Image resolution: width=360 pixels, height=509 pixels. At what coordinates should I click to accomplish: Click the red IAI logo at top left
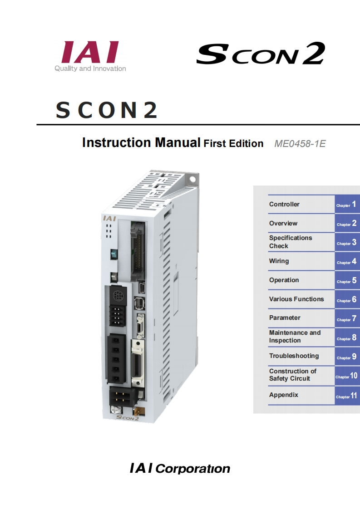click(90, 53)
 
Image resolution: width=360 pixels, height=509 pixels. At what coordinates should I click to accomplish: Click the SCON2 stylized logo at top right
click(260, 54)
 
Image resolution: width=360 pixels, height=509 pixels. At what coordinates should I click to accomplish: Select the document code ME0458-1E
click(300, 144)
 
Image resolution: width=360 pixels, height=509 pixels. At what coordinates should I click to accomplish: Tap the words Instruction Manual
click(141, 143)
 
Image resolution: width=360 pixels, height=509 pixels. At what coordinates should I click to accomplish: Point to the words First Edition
click(233, 144)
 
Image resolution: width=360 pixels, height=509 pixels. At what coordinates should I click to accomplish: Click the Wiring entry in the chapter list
click(279, 261)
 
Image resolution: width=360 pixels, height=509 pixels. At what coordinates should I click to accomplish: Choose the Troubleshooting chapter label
click(294, 356)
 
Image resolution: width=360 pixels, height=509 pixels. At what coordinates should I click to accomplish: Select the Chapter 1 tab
click(347, 205)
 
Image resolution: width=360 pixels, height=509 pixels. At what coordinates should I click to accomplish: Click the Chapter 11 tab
click(347, 396)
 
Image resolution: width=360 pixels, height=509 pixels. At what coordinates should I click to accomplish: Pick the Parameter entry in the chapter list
click(285, 318)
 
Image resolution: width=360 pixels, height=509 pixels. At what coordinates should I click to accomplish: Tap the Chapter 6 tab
click(347, 300)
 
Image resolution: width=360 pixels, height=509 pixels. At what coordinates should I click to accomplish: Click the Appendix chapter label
click(284, 395)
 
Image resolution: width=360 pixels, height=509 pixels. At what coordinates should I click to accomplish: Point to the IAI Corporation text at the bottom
click(180, 468)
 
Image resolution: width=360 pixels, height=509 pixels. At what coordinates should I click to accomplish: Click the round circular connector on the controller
click(118, 297)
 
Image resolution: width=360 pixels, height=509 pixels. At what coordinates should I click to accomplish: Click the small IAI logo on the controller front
click(109, 219)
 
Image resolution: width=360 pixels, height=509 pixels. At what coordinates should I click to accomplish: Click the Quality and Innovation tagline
click(90, 69)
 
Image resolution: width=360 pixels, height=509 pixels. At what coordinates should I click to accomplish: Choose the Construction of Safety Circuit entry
click(292, 375)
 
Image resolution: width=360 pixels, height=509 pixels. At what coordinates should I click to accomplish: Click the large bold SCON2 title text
click(107, 110)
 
